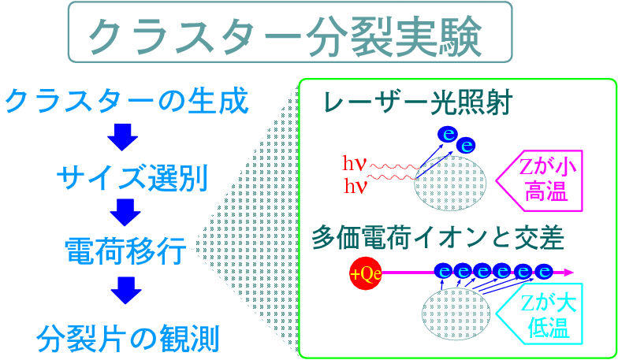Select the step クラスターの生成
[127, 101]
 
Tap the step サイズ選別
[132, 178]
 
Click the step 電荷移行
[126, 251]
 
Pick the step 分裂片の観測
[128, 338]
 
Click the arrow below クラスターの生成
[123, 137]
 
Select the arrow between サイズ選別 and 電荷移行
[125, 213]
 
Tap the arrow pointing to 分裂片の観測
[126, 290]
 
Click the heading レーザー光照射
[418, 102]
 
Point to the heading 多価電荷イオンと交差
[438, 238]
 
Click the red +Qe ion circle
[366, 273]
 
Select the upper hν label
[355, 163]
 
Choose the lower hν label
[356, 186]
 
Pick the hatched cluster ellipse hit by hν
[450, 183]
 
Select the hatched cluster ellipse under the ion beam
[456, 314]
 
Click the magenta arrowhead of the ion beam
[568, 272]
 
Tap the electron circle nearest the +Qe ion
[445, 271]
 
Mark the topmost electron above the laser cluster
[448, 135]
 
